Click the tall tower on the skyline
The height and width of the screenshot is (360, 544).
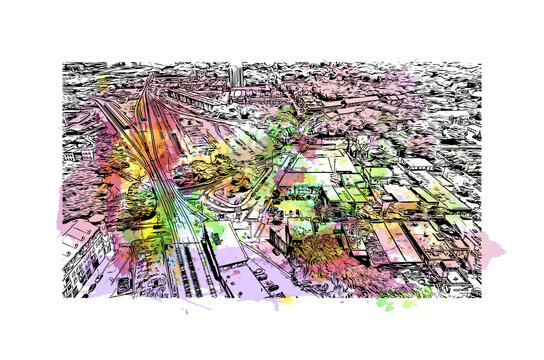click(235, 76)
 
